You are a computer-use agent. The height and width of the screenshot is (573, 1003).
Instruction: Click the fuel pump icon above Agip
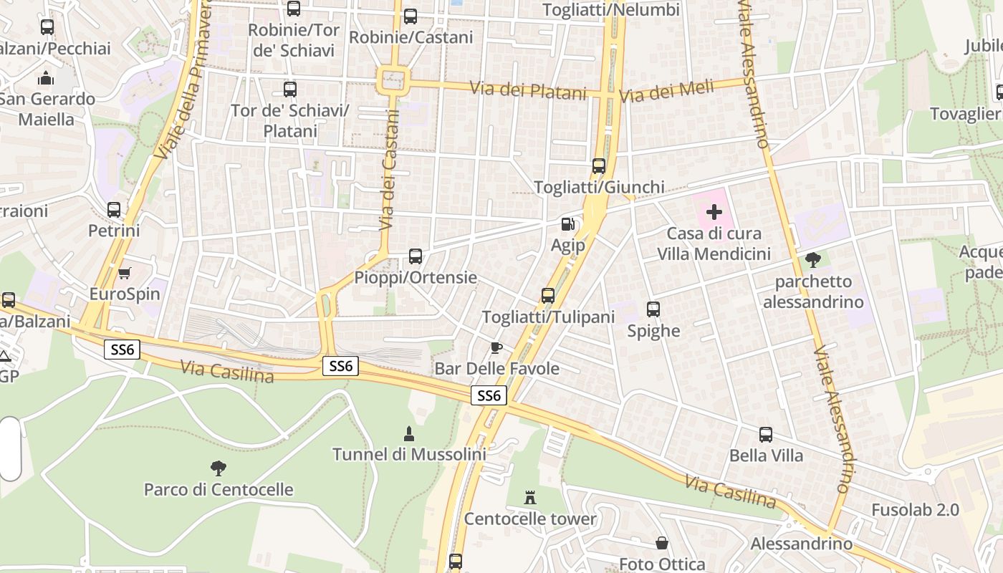(567, 224)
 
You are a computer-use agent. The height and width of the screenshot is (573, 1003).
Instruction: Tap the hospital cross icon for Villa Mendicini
(714, 212)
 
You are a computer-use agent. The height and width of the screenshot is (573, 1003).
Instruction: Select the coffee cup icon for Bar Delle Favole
(496, 348)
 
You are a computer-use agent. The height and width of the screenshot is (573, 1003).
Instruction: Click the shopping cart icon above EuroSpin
(125, 273)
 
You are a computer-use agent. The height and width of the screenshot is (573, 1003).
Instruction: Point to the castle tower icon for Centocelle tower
(530, 497)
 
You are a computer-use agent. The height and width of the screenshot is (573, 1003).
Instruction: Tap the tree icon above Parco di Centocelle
(219, 468)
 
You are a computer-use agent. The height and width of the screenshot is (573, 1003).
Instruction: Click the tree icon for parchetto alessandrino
(813, 260)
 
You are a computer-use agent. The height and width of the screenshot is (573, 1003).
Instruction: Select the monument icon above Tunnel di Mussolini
(408, 433)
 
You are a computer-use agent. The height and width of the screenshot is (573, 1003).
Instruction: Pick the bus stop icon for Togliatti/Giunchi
(599, 166)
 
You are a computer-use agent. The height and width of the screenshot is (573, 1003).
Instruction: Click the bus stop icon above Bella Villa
(766, 435)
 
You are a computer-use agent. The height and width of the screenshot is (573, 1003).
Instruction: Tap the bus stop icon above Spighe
(653, 309)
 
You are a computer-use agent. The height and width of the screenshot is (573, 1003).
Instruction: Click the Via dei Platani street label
(528, 91)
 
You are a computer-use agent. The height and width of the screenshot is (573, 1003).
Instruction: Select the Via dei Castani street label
(388, 175)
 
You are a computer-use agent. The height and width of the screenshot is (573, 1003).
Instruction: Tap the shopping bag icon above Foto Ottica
(662, 544)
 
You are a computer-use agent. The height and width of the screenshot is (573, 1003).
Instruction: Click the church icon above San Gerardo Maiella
(47, 77)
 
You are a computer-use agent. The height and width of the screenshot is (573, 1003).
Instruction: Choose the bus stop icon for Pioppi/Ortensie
(415, 256)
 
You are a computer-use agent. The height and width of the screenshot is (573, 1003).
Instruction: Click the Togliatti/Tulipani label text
(548, 317)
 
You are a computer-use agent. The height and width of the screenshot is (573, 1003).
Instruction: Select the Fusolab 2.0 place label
(915, 510)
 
